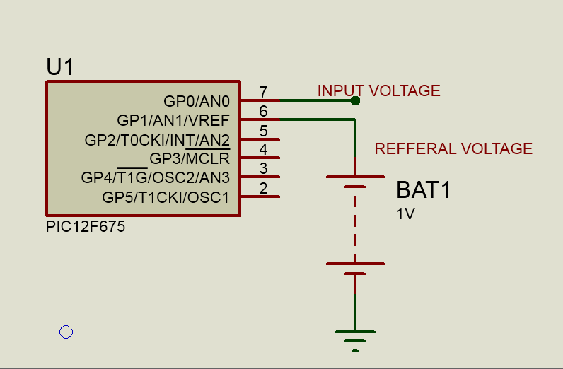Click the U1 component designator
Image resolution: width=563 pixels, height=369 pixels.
(60, 67)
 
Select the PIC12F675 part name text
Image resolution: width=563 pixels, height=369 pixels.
(86, 228)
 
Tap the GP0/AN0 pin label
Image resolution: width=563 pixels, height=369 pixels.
(196, 102)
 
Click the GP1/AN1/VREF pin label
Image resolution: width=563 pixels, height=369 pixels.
(173, 120)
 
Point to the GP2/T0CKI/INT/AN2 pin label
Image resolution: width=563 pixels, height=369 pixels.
(157, 140)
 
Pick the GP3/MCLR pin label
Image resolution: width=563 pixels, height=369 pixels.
(189, 158)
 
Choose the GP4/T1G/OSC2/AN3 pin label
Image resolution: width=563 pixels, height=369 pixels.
(156, 177)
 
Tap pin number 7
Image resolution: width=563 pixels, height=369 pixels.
(263, 92)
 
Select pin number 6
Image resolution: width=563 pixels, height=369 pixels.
(263, 111)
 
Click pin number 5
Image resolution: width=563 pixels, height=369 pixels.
(263, 130)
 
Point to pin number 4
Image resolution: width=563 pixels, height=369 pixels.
(263, 149)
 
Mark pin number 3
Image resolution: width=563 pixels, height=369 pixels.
(263, 168)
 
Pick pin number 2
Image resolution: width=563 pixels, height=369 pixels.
(263, 188)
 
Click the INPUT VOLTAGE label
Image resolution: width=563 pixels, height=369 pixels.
(378, 90)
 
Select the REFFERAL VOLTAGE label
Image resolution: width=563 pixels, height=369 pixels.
(453, 148)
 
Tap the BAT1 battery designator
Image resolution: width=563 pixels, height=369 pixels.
(423, 190)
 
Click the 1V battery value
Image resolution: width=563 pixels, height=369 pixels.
(405, 213)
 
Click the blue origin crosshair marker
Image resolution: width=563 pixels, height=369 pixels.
(66, 331)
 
